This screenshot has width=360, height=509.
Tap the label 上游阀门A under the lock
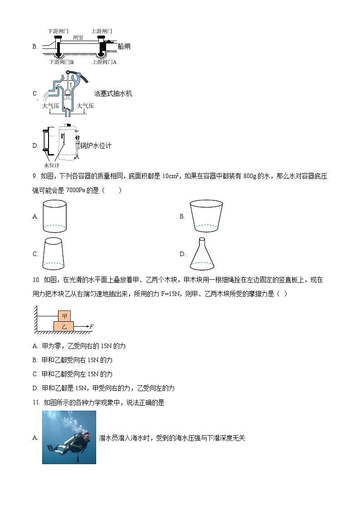click(104, 62)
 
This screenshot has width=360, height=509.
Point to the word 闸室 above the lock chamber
click(78, 38)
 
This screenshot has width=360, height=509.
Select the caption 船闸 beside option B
click(123, 46)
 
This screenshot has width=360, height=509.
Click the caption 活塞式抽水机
click(113, 94)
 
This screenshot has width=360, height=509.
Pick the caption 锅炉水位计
click(95, 145)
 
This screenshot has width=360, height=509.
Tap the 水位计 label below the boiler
click(51, 165)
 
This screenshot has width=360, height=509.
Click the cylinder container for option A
click(54, 216)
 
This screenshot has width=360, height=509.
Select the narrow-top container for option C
click(54, 253)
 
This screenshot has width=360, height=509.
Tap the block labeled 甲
click(64, 316)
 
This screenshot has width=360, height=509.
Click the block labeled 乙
click(64, 326)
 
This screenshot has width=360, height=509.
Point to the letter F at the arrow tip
click(91, 326)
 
